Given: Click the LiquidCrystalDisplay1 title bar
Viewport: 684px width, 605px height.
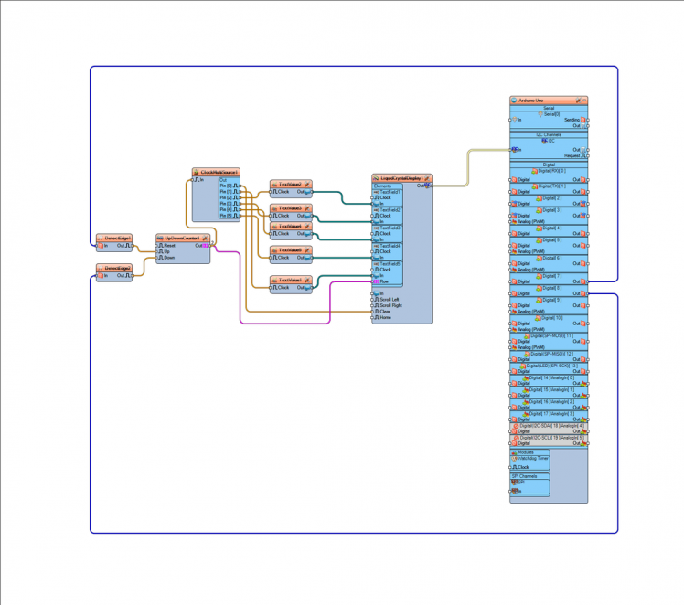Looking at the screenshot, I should point(401,178).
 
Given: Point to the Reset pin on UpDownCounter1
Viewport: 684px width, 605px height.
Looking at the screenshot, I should point(169,245).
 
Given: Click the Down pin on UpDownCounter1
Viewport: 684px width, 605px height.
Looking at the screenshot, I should point(169,258).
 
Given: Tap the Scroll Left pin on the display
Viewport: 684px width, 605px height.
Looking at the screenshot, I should point(390,299).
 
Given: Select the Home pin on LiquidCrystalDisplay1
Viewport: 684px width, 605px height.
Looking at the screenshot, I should point(385,317).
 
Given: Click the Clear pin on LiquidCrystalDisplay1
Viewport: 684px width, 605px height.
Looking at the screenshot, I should point(385,311).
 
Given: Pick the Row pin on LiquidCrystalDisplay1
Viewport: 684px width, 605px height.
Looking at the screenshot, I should point(384,281).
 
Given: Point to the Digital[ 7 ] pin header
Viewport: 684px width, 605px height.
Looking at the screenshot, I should point(549,275).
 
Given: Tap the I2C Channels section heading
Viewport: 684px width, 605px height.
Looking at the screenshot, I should point(549,133).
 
